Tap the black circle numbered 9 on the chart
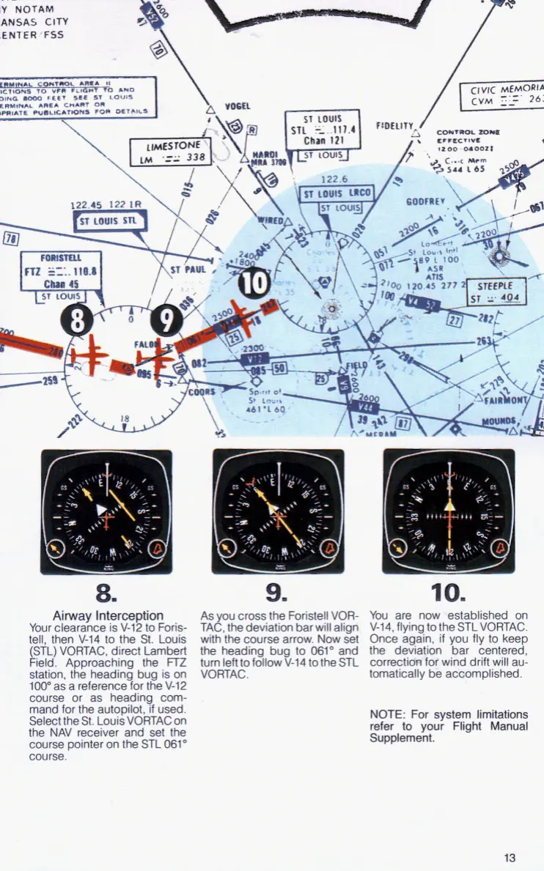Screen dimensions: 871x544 (167, 320)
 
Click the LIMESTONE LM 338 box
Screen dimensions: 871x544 (170, 152)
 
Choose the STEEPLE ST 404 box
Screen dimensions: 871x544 (499, 292)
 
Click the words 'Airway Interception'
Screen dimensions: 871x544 (108, 615)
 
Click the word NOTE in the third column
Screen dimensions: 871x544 (384, 714)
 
